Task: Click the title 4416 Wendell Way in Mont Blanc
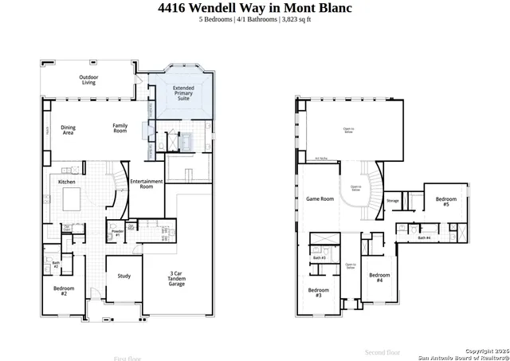[x=254, y=8]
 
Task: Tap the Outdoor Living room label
[x=88, y=80]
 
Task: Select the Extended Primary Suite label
[x=183, y=93]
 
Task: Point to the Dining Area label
[x=69, y=129]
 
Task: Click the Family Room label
[x=120, y=128]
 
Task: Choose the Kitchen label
[x=67, y=182]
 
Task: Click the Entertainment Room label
[x=147, y=184]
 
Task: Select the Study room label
[x=124, y=277]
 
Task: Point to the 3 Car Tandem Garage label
[x=178, y=279]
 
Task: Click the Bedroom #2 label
[x=65, y=291]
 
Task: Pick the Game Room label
[x=320, y=198]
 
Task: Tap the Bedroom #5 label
[x=446, y=202]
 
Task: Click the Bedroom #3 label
[x=319, y=292]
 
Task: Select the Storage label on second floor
[x=392, y=201]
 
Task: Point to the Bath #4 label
[x=424, y=237]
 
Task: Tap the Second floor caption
[x=382, y=351]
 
